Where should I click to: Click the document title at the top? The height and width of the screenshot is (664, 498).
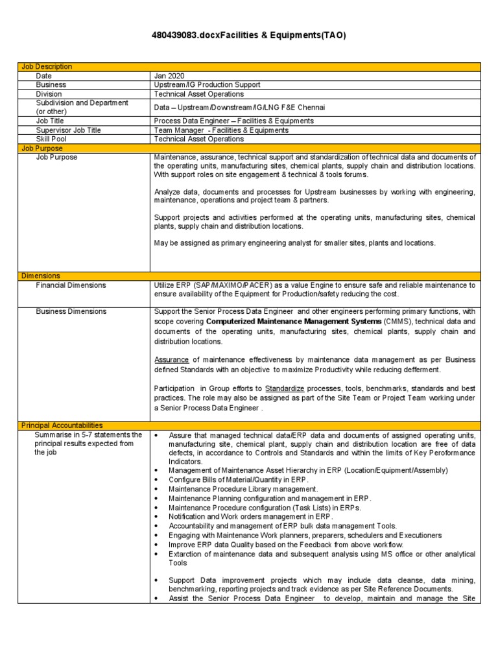point(249,36)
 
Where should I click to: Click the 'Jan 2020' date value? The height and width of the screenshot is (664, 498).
point(169,76)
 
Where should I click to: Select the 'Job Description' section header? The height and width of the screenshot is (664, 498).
point(47,67)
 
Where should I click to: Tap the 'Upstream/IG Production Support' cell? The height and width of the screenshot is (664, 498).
point(207,85)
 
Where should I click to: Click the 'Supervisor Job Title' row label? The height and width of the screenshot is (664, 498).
point(69,130)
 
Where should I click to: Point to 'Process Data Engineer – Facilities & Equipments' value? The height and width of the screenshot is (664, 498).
point(233,121)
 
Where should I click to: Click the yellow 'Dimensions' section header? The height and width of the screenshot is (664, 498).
point(40,276)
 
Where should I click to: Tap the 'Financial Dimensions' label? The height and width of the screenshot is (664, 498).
point(71,285)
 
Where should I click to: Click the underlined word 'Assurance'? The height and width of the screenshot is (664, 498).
point(171,359)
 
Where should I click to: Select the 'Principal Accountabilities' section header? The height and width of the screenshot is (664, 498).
point(62,425)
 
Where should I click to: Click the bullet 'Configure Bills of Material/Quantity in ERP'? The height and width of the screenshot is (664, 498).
point(238,479)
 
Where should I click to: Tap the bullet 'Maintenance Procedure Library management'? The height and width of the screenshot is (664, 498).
point(243,489)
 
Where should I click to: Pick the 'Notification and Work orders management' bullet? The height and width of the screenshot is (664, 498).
point(250,517)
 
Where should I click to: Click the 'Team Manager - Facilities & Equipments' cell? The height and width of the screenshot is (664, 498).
point(221,130)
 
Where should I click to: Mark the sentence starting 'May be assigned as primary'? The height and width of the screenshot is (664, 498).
point(294,243)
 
